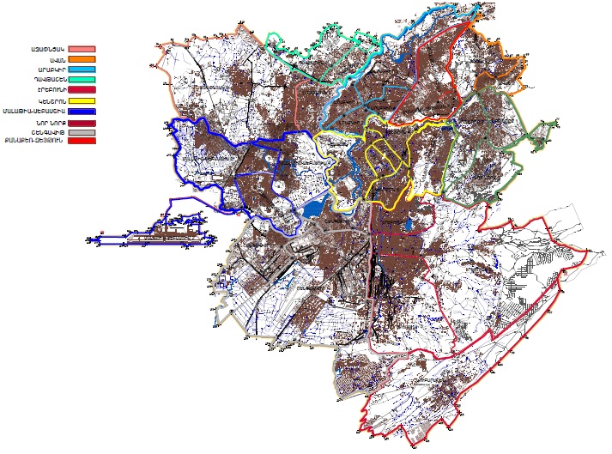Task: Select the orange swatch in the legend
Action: (82, 59)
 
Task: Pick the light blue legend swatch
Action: (82, 69)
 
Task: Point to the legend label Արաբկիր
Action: (46, 69)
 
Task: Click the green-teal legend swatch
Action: (82, 79)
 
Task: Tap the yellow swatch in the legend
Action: (82, 101)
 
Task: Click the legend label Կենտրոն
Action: (46, 101)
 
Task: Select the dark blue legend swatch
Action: (82, 111)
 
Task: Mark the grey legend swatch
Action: (82, 132)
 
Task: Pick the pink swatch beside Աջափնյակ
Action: (82, 50)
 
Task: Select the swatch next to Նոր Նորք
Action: (82, 123)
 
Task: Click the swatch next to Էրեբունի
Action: (82, 89)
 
